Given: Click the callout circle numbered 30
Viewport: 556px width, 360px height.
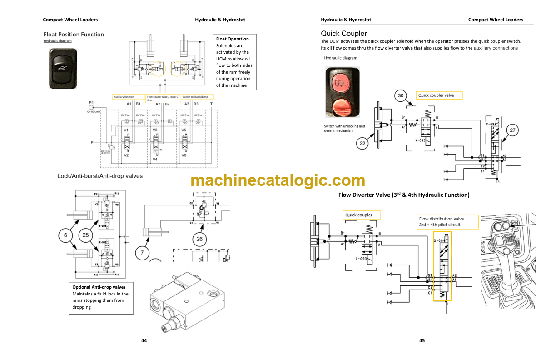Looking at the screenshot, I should [401, 95].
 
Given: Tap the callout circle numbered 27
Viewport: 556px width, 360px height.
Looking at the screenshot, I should [512, 130].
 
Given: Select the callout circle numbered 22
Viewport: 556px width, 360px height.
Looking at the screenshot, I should [362, 144].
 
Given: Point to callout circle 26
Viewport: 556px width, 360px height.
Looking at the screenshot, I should [199, 239].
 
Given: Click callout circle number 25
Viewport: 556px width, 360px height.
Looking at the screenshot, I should [86, 235].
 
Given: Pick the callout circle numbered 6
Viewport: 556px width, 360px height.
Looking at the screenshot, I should [65, 235].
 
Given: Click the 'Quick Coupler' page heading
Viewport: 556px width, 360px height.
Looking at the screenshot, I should [344, 34].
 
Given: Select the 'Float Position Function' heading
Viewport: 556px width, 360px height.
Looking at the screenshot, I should [74, 35].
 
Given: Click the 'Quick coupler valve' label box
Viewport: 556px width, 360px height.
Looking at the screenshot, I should [439, 95].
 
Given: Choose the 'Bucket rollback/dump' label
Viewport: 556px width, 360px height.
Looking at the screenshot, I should [197, 97].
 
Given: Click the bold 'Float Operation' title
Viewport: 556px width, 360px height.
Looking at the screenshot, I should [233, 39].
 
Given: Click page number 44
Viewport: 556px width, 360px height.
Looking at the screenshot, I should [144, 340].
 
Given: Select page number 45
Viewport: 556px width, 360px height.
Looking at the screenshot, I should [422, 340].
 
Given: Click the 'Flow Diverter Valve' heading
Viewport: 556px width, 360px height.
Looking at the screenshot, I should [404, 195].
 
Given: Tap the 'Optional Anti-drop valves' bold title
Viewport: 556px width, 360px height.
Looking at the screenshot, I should [99, 287].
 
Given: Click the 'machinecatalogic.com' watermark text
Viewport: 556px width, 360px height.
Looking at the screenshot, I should [278, 180].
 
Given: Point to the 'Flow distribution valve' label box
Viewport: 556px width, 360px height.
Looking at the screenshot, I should [448, 221].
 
